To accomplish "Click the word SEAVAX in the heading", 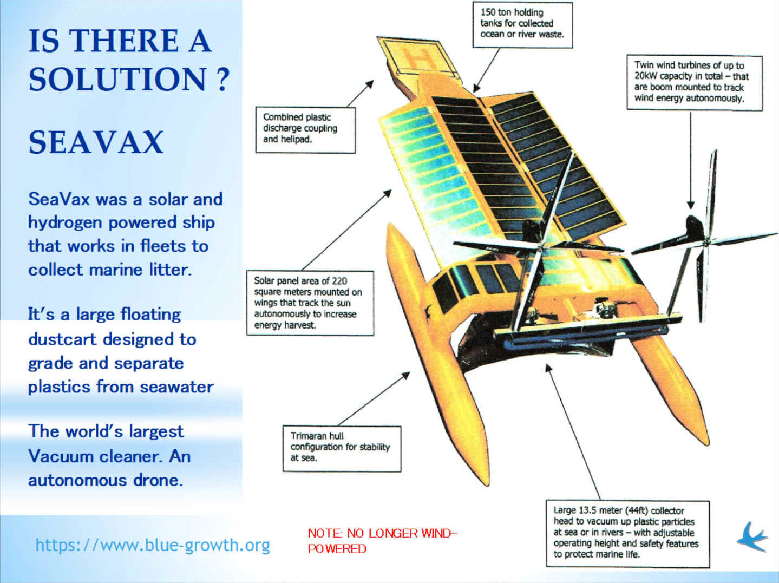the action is click(96, 142).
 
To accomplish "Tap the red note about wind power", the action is click(383, 541).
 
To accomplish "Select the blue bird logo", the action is click(752, 536).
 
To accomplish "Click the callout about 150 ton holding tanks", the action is click(522, 24).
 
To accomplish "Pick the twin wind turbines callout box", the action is click(695, 82).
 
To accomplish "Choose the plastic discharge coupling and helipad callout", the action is click(305, 130).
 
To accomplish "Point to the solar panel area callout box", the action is click(310, 303).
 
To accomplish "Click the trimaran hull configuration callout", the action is click(342, 449).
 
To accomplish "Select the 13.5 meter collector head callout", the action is click(628, 534).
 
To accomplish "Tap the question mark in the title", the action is click(222, 79).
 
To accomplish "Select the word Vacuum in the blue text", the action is click(60, 456).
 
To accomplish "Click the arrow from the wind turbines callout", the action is click(690, 160).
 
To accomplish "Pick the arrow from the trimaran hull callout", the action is click(374, 399).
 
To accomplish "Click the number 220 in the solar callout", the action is click(339, 281).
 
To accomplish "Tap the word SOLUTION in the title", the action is click(117, 79).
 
